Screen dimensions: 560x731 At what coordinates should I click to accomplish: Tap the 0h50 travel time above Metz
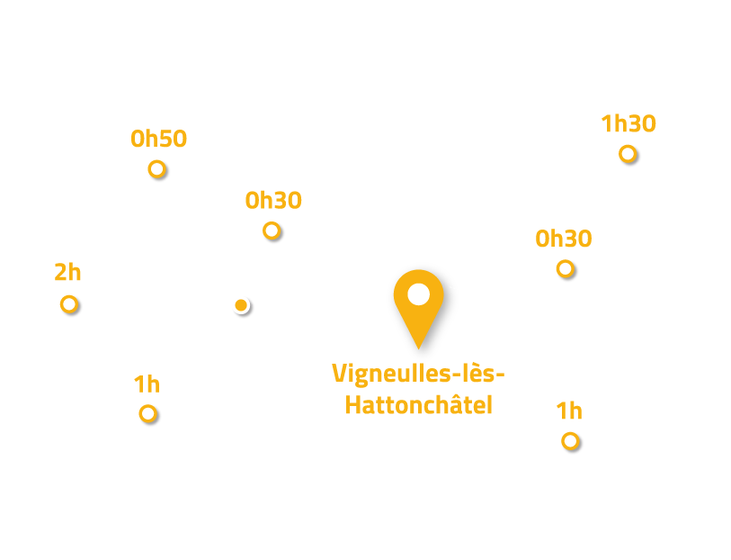[x=158, y=140]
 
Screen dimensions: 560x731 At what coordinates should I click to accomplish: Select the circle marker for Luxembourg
[x=628, y=153]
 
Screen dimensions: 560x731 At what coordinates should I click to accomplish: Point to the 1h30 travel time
[x=628, y=124]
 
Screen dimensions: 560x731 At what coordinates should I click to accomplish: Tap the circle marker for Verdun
[x=565, y=268]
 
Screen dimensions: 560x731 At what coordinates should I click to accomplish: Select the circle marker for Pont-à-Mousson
[x=272, y=231]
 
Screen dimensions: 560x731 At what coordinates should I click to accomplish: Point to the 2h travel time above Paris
[x=68, y=272]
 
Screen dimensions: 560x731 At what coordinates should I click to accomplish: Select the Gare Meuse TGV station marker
[x=241, y=305]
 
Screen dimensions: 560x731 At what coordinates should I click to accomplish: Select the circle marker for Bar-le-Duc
[x=569, y=441]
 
